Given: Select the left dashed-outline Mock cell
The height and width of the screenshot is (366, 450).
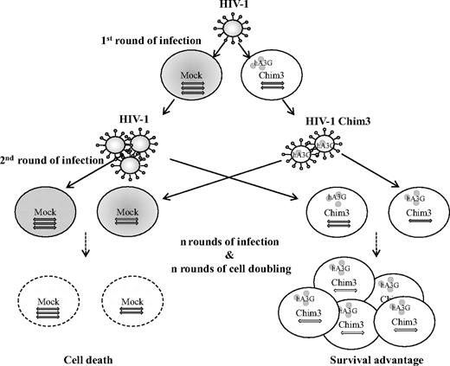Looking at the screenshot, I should tap(51, 305).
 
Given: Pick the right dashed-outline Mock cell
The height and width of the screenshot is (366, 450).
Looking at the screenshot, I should tap(133, 305).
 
